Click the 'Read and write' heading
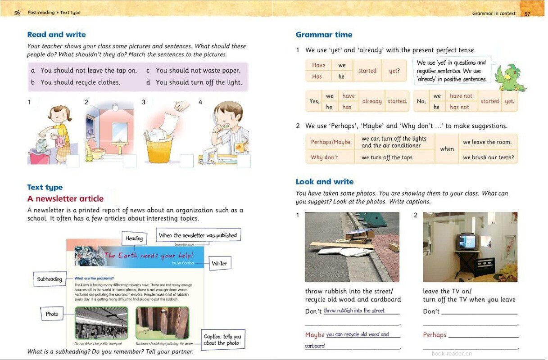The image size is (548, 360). [x=56, y=35]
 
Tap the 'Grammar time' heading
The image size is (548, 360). [x=324, y=35]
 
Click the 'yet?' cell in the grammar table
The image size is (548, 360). [x=394, y=71]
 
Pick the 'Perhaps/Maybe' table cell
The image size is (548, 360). [x=331, y=142]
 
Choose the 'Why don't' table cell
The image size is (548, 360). [x=324, y=157]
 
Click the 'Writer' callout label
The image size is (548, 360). [x=219, y=263]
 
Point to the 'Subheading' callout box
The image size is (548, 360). [x=50, y=279]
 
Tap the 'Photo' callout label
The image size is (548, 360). [x=52, y=314]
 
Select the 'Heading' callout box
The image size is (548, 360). [x=134, y=238]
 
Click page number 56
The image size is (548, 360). [x=17, y=13]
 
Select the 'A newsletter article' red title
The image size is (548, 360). [x=65, y=199]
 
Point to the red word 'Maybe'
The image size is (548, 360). [x=315, y=335]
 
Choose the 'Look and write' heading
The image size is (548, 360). [x=324, y=182]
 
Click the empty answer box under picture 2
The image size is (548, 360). [x=130, y=161]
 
